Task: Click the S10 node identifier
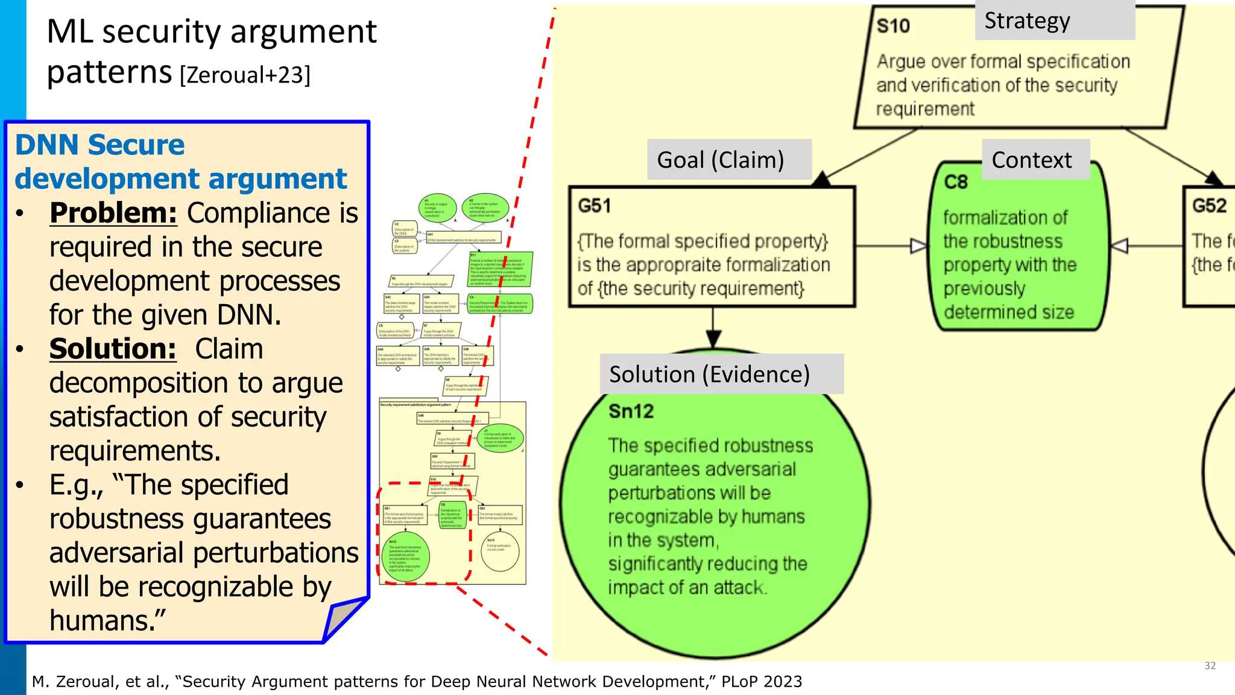(893, 26)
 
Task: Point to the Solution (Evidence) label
(721, 374)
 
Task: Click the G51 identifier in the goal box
(595, 206)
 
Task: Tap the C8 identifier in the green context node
(956, 182)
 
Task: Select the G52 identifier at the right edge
(1209, 206)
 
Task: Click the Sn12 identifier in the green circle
(631, 411)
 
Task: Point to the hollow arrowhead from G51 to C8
(918, 246)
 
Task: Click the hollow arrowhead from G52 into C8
(1119, 246)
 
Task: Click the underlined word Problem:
(113, 213)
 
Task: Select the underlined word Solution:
(113, 349)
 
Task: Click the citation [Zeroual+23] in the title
(245, 75)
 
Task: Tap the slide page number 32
(1210, 665)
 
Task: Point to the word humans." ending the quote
(107, 621)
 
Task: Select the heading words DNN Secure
(99, 145)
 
